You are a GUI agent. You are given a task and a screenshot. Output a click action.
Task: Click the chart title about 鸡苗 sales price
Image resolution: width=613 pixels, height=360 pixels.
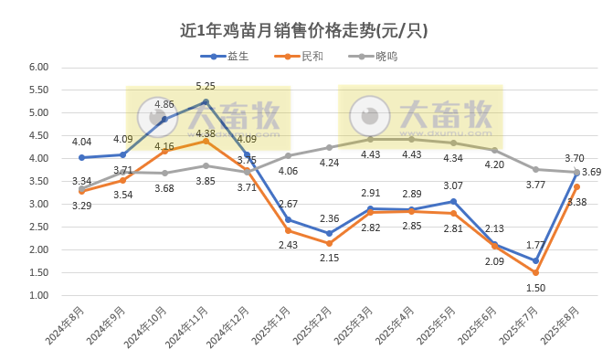click(x=305, y=30)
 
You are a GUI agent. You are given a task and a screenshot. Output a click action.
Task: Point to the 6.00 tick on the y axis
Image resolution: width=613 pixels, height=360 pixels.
click(x=37, y=68)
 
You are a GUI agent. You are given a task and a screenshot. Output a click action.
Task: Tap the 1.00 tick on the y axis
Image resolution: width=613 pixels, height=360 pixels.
click(x=37, y=296)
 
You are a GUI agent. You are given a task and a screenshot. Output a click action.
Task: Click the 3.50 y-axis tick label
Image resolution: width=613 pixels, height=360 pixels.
click(x=37, y=182)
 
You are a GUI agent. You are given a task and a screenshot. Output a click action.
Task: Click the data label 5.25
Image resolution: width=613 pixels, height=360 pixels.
click(x=206, y=86)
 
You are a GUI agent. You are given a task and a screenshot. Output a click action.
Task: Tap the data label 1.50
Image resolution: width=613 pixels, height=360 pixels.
click(x=535, y=288)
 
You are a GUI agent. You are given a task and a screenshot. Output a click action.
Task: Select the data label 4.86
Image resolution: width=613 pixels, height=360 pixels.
click(x=164, y=105)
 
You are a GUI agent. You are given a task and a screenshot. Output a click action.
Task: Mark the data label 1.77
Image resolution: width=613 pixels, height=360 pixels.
click(x=535, y=245)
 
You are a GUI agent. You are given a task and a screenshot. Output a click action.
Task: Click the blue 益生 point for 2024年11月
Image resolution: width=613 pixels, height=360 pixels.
click(x=206, y=101)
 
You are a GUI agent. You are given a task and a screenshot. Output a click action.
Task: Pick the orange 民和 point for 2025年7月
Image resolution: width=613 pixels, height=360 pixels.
click(x=535, y=272)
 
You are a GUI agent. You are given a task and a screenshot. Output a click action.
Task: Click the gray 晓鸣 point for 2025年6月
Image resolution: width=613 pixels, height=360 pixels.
click(x=494, y=150)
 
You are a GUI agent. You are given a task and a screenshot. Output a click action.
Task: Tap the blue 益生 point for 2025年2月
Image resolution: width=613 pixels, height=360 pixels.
click(x=329, y=233)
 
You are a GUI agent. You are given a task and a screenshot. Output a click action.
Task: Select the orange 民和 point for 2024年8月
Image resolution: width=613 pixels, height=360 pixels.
click(x=81, y=191)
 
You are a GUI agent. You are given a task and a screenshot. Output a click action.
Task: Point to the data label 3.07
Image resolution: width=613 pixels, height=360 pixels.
click(x=454, y=185)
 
